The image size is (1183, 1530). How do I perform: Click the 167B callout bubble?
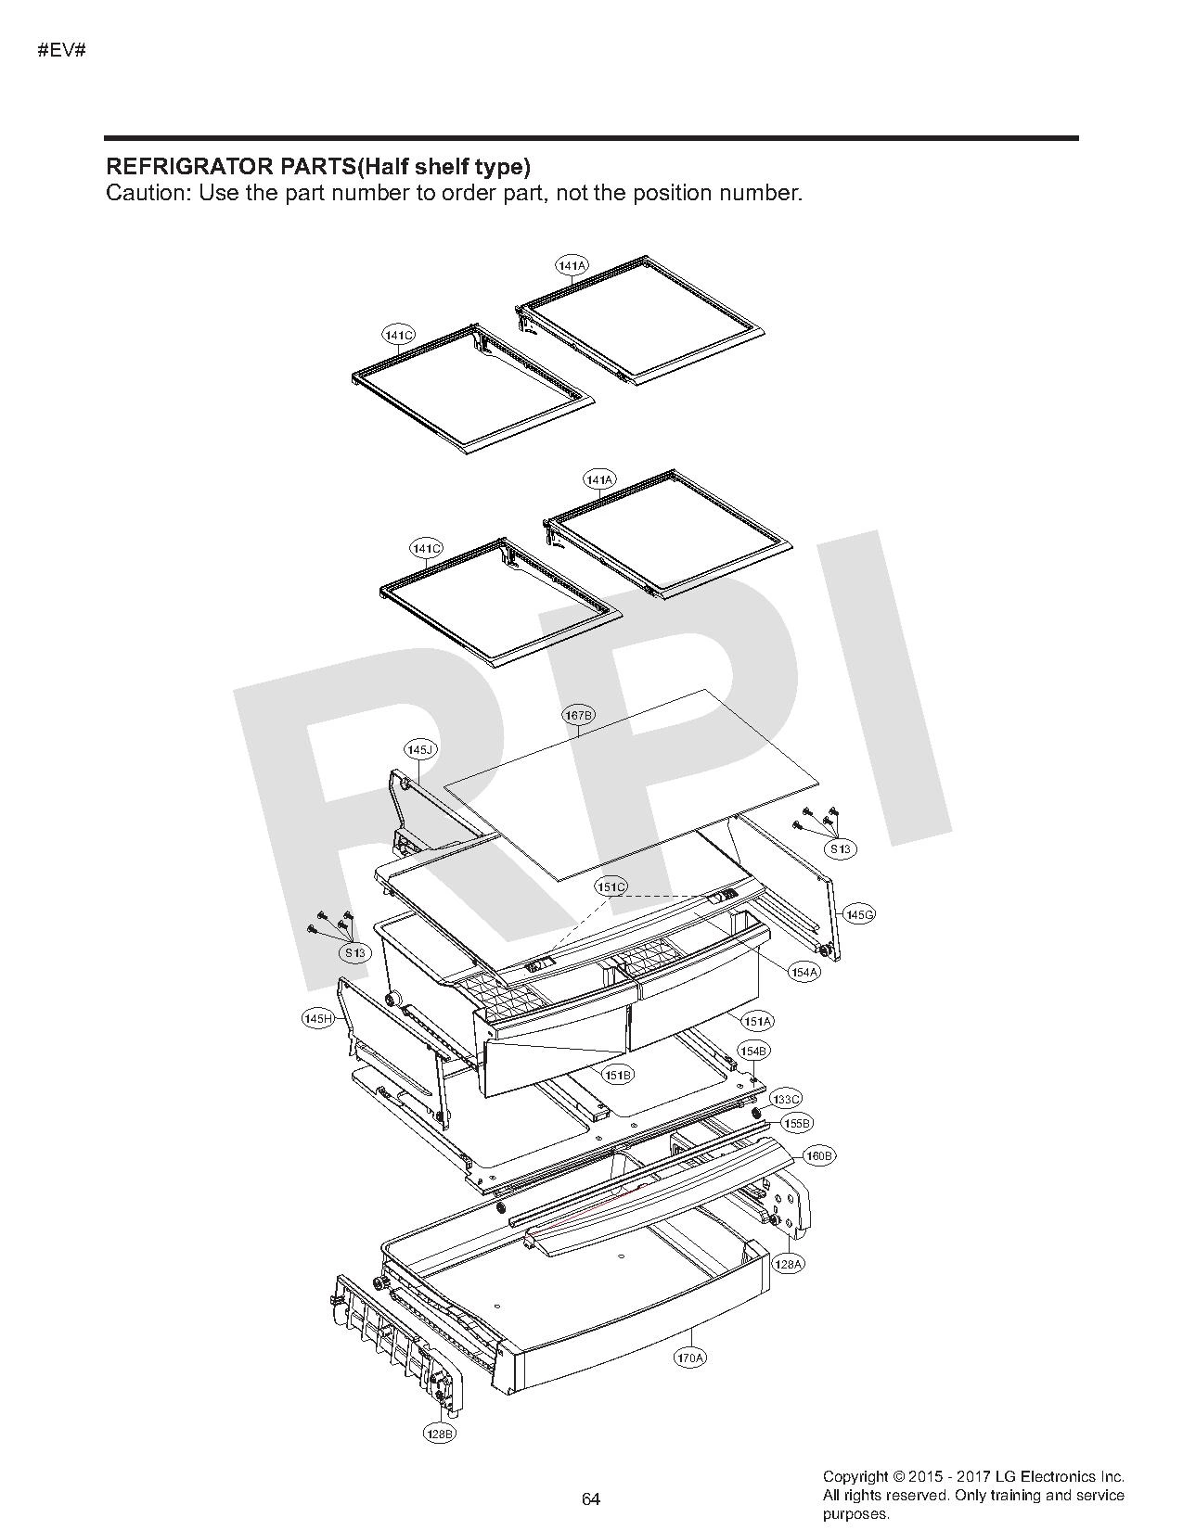click(x=578, y=715)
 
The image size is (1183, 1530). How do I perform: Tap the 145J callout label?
click(x=420, y=750)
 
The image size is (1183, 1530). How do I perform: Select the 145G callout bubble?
click(x=859, y=914)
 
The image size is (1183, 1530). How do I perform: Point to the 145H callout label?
click(x=318, y=1018)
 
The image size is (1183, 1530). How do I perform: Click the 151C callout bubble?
click(x=611, y=887)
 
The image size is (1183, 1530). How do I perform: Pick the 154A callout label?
click(x=804, y=972)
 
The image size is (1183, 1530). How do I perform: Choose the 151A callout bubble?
click(x=758, y=1020)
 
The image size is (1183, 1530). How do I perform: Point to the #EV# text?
click(x=61, y=51)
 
